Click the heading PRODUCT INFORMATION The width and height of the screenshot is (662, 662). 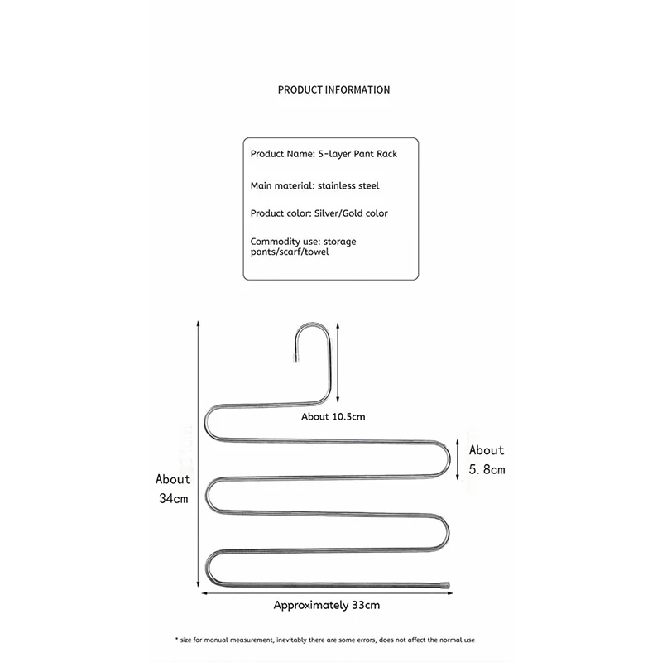333,89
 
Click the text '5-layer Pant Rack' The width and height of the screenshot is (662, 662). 357,155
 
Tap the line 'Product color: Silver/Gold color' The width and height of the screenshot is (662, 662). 319,213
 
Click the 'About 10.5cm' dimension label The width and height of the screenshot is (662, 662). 333,416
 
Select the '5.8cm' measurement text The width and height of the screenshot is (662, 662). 487,469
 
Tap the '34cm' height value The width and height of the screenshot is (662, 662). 174,498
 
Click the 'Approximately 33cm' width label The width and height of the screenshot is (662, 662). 327,605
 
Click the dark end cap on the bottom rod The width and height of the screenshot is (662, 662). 445,584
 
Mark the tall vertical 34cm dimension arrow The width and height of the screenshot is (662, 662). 199,455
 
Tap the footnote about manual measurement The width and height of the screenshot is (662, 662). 325,640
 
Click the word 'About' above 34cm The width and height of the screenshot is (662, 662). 173,479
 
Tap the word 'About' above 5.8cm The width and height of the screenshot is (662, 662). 487,450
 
